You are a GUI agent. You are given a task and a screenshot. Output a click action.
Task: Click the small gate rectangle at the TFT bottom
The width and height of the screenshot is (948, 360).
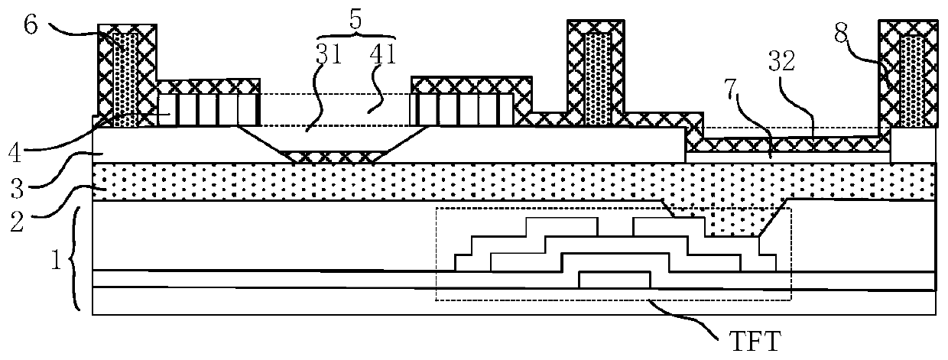(615, 280)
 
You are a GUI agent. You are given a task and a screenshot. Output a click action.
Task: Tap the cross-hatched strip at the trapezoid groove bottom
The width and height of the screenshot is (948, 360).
(330, 157)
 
